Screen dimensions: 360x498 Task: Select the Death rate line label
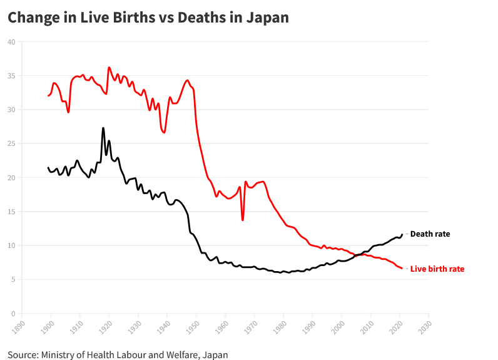(x=430, y=234)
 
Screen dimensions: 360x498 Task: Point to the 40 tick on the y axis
(x=11, y=42)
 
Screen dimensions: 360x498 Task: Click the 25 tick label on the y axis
(x=11, y=144)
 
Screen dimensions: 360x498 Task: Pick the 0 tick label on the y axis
(x=13, y=314)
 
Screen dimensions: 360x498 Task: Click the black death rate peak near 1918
(x=103, y=128)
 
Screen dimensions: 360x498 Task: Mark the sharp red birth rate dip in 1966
(x=243, y=220)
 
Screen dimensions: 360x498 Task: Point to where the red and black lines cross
(x=358, y=255)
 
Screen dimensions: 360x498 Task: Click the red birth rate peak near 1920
(x=109, y=67)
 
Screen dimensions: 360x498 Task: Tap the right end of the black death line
(x=402, y=234)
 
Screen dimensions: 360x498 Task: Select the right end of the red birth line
(x=402, y=268)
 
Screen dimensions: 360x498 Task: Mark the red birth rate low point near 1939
(x=164, y=132)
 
